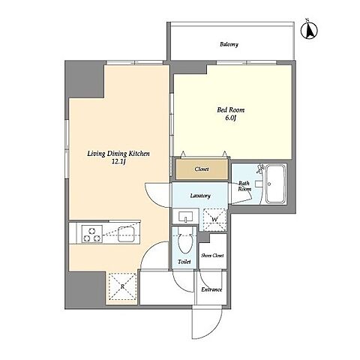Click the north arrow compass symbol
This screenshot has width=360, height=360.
click(309, 30)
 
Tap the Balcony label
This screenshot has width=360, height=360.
click(229, 44)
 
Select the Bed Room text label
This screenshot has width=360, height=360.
click(230, 109)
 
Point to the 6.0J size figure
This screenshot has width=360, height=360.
click(231, 118)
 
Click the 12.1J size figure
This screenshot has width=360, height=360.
click(118, 162)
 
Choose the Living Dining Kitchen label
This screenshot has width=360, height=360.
click(118, 153)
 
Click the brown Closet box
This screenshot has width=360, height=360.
click(202, 169)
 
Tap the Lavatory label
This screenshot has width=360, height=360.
click(200, 196)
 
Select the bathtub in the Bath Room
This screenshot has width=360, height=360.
click(275, 184)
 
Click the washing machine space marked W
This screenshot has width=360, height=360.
click(214, 220)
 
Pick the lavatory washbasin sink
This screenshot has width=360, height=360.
click(185, 217)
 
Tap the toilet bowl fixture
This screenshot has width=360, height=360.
click(185, 240)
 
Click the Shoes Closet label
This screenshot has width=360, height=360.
click(212, 256)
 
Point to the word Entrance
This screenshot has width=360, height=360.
click(211, 289)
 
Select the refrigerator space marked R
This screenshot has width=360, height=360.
click(122, 286)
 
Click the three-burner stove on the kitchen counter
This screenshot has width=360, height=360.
click(92, 233)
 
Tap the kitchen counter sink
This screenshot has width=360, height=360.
click(127, 234)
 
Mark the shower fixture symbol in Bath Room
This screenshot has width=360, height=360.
click(260, 168)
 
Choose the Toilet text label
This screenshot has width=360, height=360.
click(184, 262)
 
